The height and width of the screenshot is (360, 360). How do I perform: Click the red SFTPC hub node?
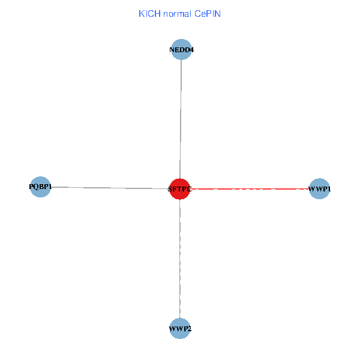click(x=180, y=189)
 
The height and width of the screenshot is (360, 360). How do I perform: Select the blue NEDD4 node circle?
click(x=181, y=49)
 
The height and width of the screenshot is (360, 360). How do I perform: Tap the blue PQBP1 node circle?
click(x=40, y=187)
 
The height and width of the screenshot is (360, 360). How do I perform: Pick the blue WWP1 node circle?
click(x=319, y=189)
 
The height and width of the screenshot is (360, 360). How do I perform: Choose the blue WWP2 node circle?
click(x=180, y=329)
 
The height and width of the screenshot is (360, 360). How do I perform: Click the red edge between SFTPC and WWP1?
click(x=252, y=189)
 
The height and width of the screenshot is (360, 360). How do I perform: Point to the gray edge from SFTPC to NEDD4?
click(x=181, y=120)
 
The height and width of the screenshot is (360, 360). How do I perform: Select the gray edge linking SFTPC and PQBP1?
click(x=108, y=188)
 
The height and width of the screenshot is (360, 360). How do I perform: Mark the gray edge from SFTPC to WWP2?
click(x=180, y=258)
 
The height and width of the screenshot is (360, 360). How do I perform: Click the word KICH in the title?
click(x=149, y=14)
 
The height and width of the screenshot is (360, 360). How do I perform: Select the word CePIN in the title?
click(x=208, y=14)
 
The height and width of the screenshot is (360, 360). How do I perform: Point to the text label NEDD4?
click(x=181, y=50)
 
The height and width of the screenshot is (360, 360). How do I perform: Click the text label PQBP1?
click(x=40, y=187)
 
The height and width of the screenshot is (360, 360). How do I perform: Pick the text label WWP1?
click(x=319, y=190)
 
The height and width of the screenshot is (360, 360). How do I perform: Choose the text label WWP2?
click(x=180, y=329)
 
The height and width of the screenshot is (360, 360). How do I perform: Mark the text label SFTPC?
click(x=180, y=190)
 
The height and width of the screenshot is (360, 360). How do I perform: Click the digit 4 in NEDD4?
click(x=191, y=50)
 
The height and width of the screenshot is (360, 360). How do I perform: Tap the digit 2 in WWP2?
click(x=189, y=329)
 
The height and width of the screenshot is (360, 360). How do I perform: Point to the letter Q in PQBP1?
click(x=35, y=187)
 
